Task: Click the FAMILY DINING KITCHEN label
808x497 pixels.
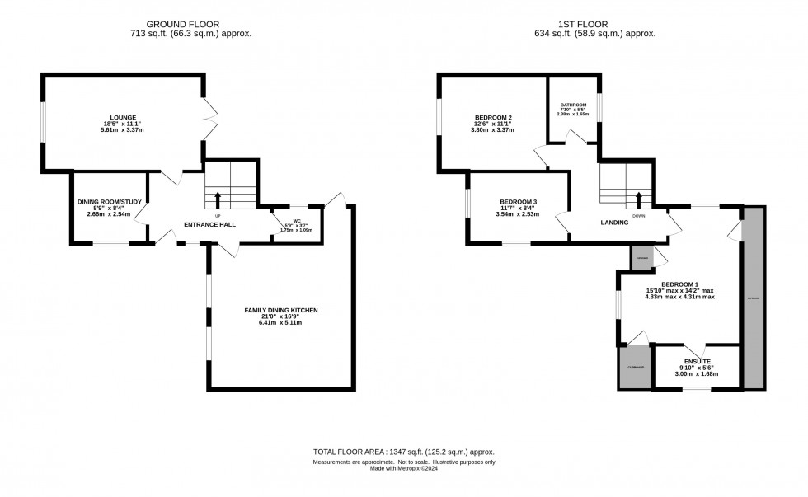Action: [280, 310]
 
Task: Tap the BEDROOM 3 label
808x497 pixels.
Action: [519, 202]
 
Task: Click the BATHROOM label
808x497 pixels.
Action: [573, 105]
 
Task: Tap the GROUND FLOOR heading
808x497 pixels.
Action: [190, 24]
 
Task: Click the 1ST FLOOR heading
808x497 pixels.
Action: [594, 24]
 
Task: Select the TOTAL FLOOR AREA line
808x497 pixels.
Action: [403, 452]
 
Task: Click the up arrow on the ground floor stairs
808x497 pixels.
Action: [218, 199]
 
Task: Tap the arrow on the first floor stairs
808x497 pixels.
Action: [639, 200]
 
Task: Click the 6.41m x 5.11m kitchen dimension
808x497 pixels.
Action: [280, 322]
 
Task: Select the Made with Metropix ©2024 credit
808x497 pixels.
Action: [403, 470]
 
